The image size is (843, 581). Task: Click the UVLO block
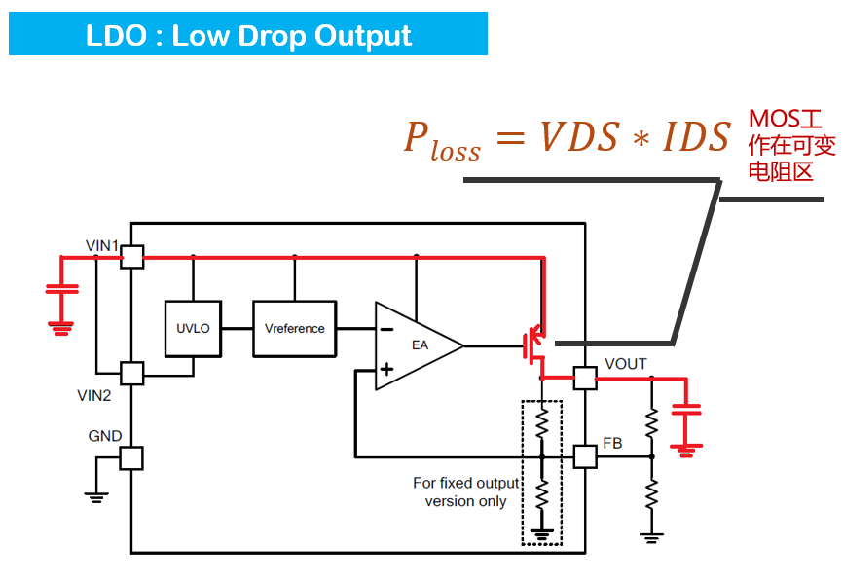click(x=193, y=329)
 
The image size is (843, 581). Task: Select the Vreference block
click(x=294, y=329)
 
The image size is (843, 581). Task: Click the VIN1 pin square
click(x=130, y=256)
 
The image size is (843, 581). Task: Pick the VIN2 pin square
click(x=130, y=372)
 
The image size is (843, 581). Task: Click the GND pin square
click(x=130, y=458)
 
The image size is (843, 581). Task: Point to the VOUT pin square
click(x=584, y=378)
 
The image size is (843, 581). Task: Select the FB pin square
click(x=584, y=455)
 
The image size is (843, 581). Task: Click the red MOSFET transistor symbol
click(x=534, y=343)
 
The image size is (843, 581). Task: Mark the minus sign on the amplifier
click(x=386, y=329)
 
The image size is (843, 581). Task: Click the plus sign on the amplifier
click(x=386, y=369)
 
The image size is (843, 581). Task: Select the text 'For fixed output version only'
click(x=465, y=492)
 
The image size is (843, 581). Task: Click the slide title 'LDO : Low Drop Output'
click(x=248, y=36)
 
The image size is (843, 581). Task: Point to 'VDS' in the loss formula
click(x=578, y=137)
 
